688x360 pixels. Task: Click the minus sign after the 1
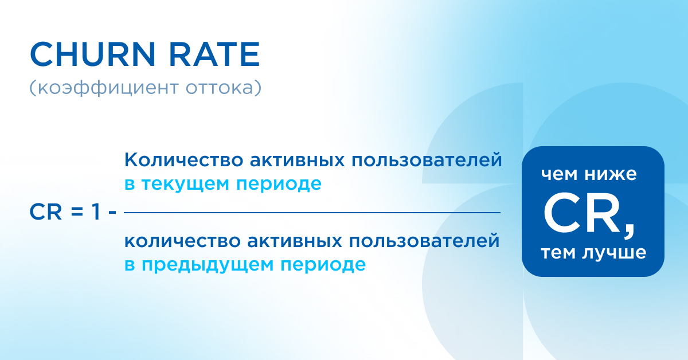[112, 213]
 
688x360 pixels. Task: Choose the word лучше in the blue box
[616, 252]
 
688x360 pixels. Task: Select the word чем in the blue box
[561, 174]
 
